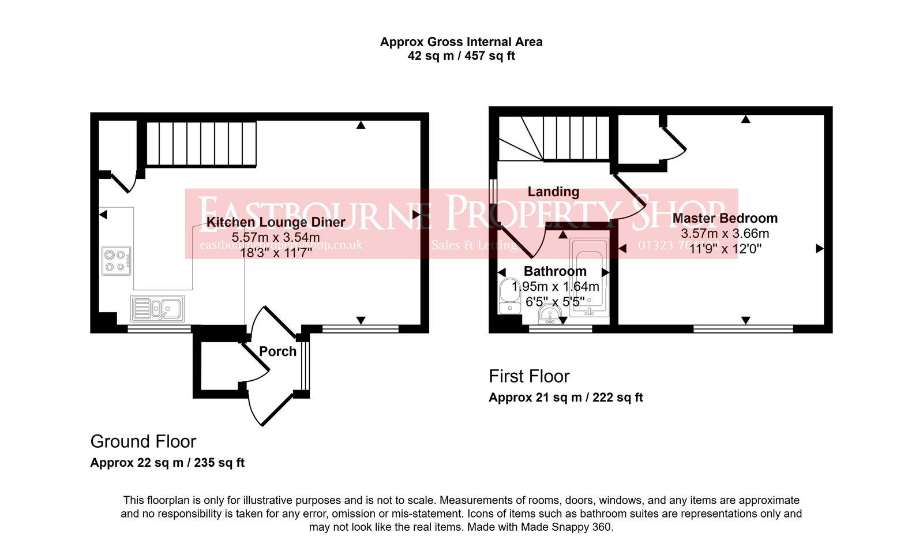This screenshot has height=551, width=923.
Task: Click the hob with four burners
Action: click(x=116, y=261)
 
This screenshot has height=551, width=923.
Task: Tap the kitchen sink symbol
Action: click(x=157, y=308)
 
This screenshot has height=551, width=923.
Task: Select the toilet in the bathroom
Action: click(x=509, y=295)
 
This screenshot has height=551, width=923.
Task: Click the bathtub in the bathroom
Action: click(x=589, y=278)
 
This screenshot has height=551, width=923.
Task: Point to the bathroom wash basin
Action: click(x=550, y=315)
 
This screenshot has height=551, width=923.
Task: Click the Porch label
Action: click(x=277, y=351)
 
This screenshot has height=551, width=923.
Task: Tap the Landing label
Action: click(x=553, y=192)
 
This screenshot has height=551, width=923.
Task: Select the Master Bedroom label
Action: click(x=725, y=218)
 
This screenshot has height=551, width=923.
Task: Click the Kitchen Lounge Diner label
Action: click(x=276, y=222)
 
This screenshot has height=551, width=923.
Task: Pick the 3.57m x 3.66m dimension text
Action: click(x=725, y=234)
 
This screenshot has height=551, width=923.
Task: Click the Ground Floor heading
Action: click(x=143, y=441)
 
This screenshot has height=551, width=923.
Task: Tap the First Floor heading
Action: click(x=529, y=376)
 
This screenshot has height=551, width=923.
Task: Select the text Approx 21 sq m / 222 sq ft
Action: click(x=565, y=398)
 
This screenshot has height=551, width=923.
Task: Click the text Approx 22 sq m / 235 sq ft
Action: click(x=167, y=463)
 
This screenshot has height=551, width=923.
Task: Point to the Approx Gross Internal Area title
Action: click(x=461, y=42)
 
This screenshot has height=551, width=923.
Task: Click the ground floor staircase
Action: click(x=200, y=144)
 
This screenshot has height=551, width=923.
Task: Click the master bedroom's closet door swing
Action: click(x=675, y=144)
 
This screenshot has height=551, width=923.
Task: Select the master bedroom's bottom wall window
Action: click(x=743, y=329)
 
